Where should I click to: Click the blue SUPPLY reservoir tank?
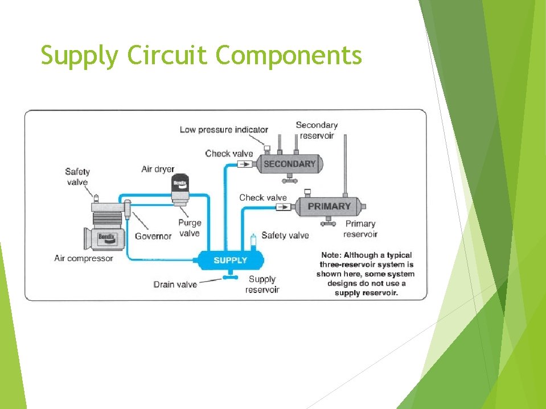pyautogui.click(x=230, y=261)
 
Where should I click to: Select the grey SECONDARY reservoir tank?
pyautogui.click(x=289, y=164)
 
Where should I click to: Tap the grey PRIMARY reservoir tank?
pyautogui.click(x=329, y=206)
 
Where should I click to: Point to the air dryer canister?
pyautogui.click(x=180, y=189)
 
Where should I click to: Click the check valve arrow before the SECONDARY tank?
pyautogui.click(x=243, y=164)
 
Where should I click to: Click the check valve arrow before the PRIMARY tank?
pyautogui.click(x=282, y=207)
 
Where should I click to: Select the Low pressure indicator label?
pyautogui.click(x=224, y=130)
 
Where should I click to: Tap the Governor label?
pyautogui.click(x=153, y=236)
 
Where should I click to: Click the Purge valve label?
pyautogui.click(x=190, y=228)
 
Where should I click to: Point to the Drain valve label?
pyautogui.click(x=175, y=284)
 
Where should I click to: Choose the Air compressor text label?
pyautogui.click(x=84, y=258)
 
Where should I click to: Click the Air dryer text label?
pyautogui.click(x=158, y=169)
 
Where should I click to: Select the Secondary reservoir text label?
pyautogui.click(x=317, y=130)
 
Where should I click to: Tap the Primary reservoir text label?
pyautogui.click(x=360, y=229)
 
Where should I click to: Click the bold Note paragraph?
pyautogui.click(x=366, y=274)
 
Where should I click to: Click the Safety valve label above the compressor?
pyautogui.click(x=77, y=176)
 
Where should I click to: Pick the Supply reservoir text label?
pyautogui.click(x=262, y=284)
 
